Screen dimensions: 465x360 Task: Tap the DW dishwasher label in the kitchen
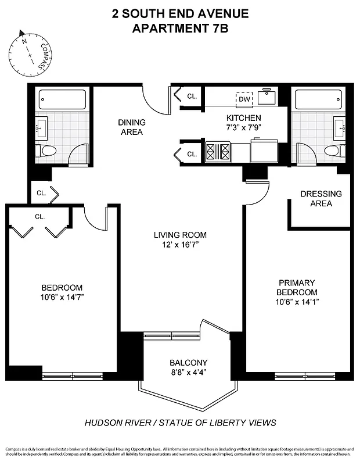244,99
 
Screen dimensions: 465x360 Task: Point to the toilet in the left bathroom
48,152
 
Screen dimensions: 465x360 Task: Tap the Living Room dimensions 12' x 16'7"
180,245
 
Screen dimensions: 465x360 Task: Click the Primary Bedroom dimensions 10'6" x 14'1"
297,302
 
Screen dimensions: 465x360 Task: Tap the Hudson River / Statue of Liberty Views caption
180,423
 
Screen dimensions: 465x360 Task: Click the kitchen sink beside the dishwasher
267,98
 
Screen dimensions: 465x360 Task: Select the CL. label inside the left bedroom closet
39,216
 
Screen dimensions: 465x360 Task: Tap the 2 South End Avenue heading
180,13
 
